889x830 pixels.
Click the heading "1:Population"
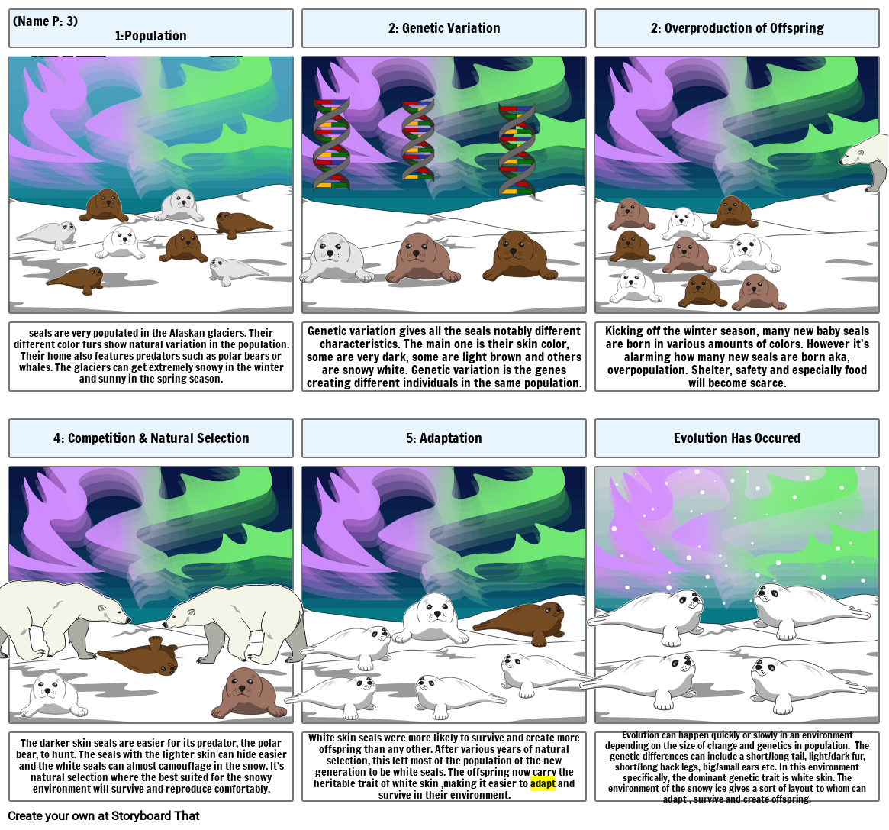tap(150, 36)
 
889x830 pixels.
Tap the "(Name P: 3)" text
tap(46, 21)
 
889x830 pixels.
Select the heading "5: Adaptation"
tap(443, 438)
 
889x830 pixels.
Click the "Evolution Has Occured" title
tap(736, 438)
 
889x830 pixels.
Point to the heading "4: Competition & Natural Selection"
tap(151, 438)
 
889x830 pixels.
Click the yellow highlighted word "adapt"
tap(543, 783)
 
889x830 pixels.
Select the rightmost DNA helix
tap(517, 149)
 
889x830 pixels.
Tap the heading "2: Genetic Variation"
tap(443, 28)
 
